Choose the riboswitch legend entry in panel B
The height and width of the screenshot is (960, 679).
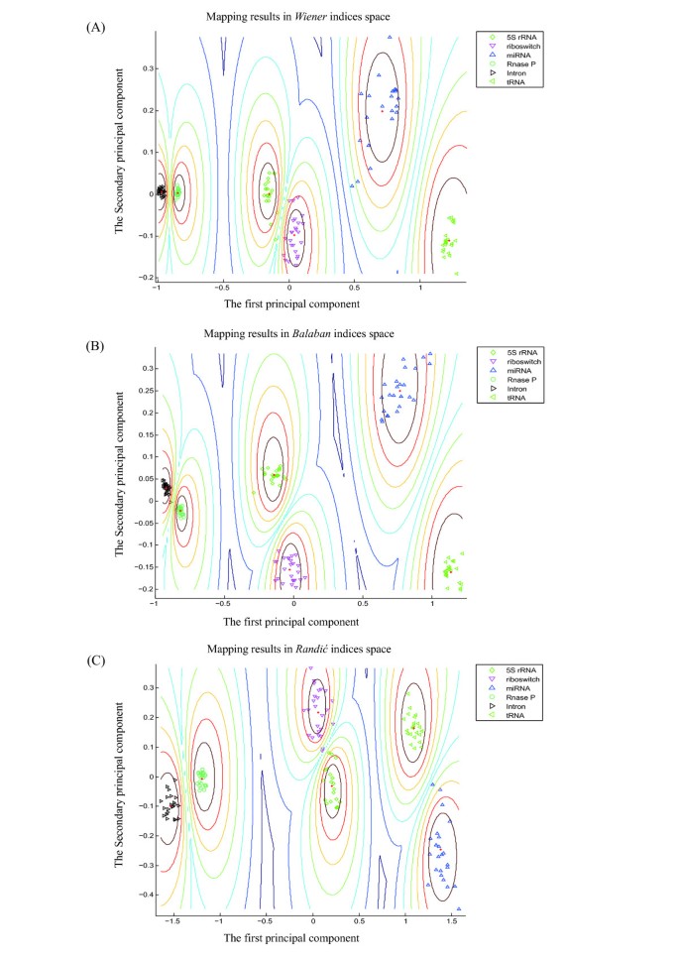pos(516,362)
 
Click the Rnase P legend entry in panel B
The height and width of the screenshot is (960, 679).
pos(514,381)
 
